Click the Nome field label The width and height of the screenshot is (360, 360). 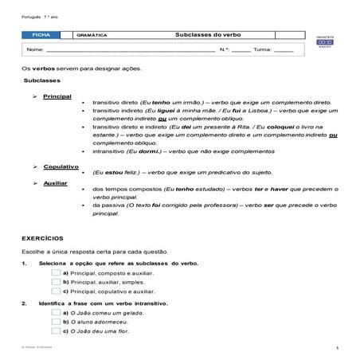(35, 49)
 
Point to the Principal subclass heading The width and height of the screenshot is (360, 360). (57, 96)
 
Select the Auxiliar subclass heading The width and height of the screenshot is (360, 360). (55, 182)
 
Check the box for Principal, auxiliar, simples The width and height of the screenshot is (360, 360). (56, 282)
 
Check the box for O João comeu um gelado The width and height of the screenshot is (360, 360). (56, 313)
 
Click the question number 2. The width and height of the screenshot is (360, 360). (25, 303)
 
